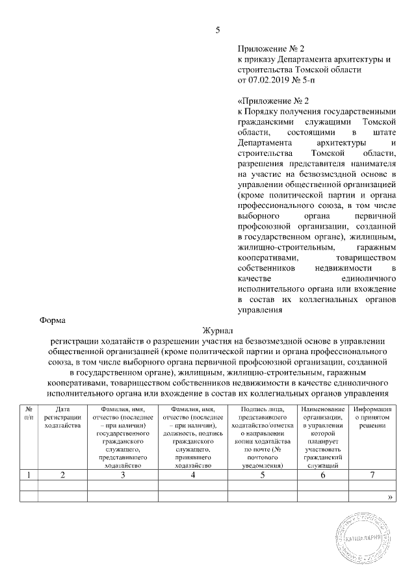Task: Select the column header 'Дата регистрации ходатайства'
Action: [x=62, y=417]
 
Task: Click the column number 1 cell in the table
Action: [x=29, y=475]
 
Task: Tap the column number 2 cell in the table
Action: [x=62, y=475]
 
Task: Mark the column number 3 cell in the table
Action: [x=123, y=475]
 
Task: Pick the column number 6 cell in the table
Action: [x=322, y=475]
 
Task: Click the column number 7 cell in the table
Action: [x=372, y=475]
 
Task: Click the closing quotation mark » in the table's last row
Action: [x=390, y=497]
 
